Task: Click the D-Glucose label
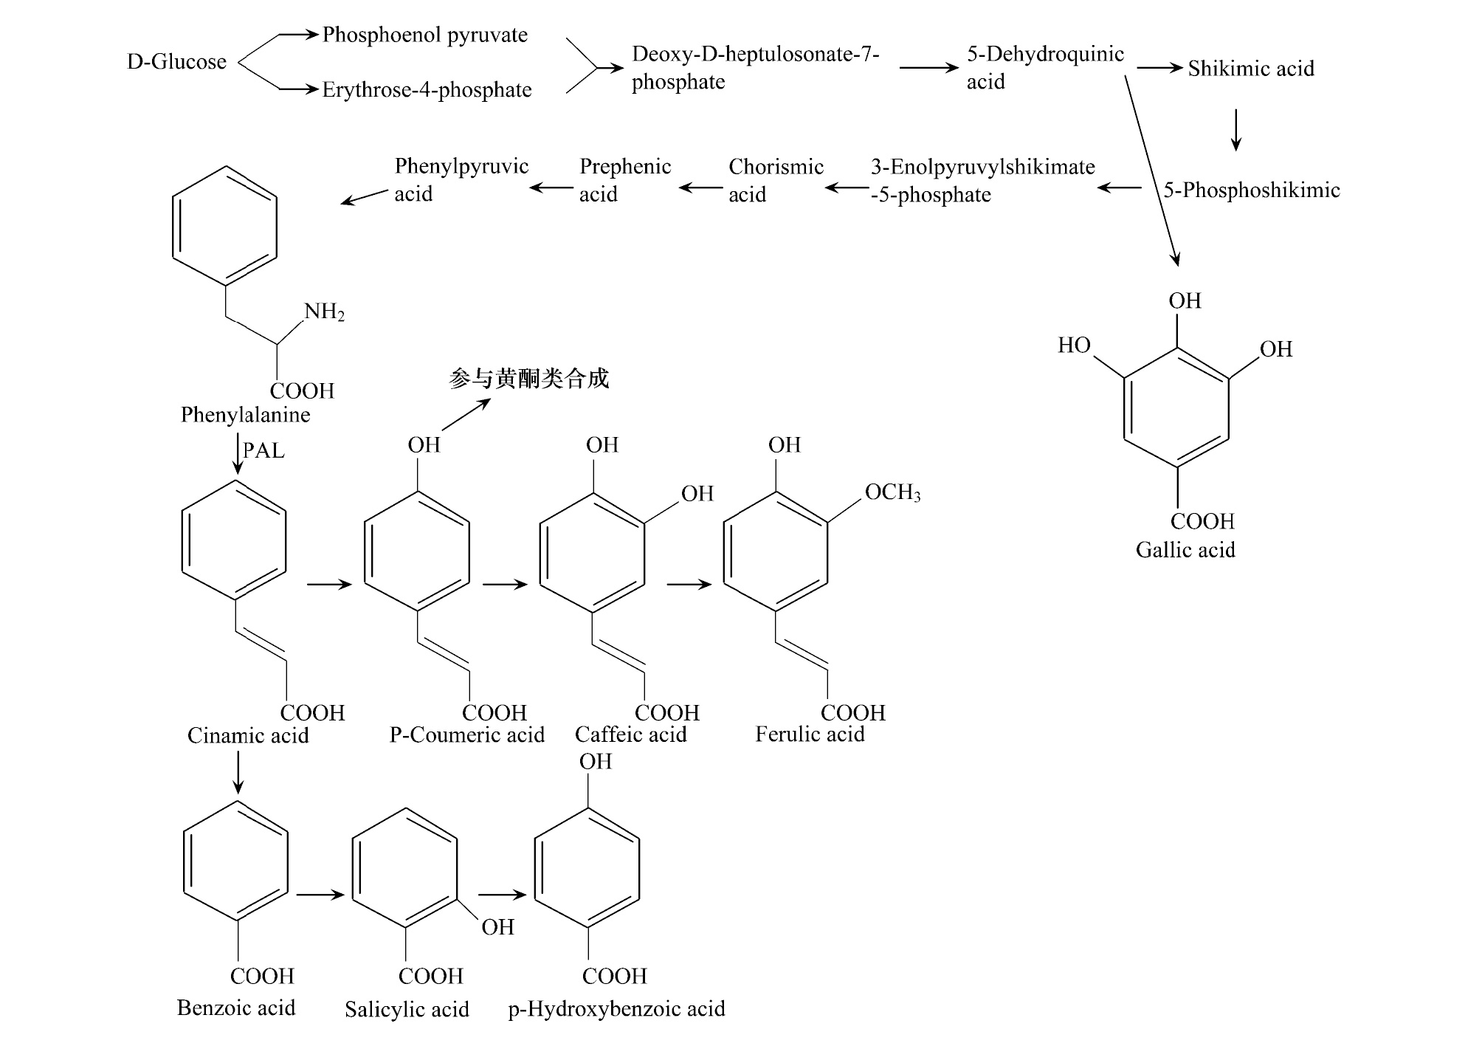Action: (x=176, y=61)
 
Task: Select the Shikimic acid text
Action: (x=1250, y=69)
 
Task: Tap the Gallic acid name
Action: (x=1185, y=550)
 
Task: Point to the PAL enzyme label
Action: (x=263, y=450)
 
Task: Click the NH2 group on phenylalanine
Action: (x=324, y=312)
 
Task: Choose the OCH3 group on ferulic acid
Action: (x=892, y=492)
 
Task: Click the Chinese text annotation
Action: (x=528, y=379)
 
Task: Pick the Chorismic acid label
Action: (x=775, y=180)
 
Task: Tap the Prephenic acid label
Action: (x=624, y=180)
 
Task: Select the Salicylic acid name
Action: (x=407, y=1009)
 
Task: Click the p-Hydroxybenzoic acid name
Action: (x=616, y=1009)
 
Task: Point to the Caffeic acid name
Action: (x=630, y=734)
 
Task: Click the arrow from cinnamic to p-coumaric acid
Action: (x=329, y=585)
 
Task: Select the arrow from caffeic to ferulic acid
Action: (x=689, y=585)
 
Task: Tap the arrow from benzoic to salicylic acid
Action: (x=320, y=895)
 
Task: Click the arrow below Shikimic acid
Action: (x=1235, y=130)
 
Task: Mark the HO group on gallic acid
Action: (x=1074, y=345)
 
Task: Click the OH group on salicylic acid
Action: (x=497, y=927)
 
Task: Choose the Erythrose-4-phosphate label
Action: (x=427, y=90)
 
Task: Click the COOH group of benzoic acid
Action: (x=262, y=976)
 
